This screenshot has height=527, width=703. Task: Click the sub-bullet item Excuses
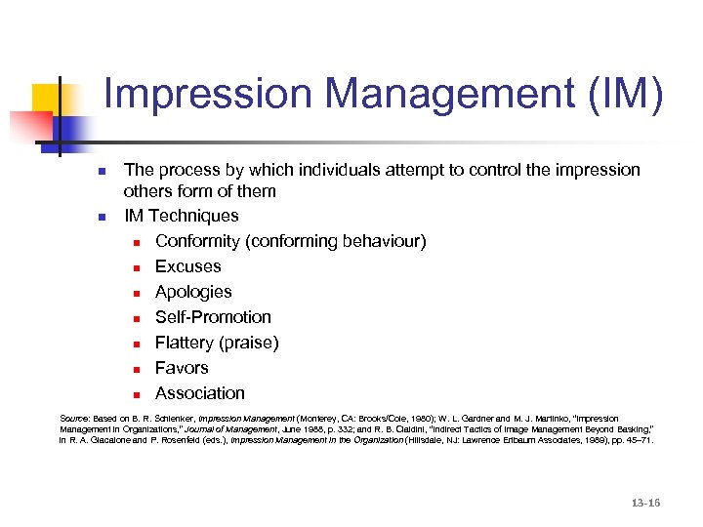tap(187, 266)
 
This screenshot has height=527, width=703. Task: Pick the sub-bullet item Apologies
tap(193, 292)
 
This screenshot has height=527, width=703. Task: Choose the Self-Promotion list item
tap(213, 317)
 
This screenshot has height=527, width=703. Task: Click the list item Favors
tap(182, 368)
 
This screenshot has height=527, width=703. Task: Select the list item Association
tap(200, 393)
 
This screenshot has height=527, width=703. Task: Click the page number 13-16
tap(645, 503)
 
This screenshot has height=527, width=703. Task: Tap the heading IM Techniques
tap(181, 216)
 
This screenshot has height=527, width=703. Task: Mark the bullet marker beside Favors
tap(139, 369)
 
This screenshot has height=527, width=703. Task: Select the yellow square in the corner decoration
tap(49, 101)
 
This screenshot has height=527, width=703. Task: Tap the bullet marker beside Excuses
tap(139, 267)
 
